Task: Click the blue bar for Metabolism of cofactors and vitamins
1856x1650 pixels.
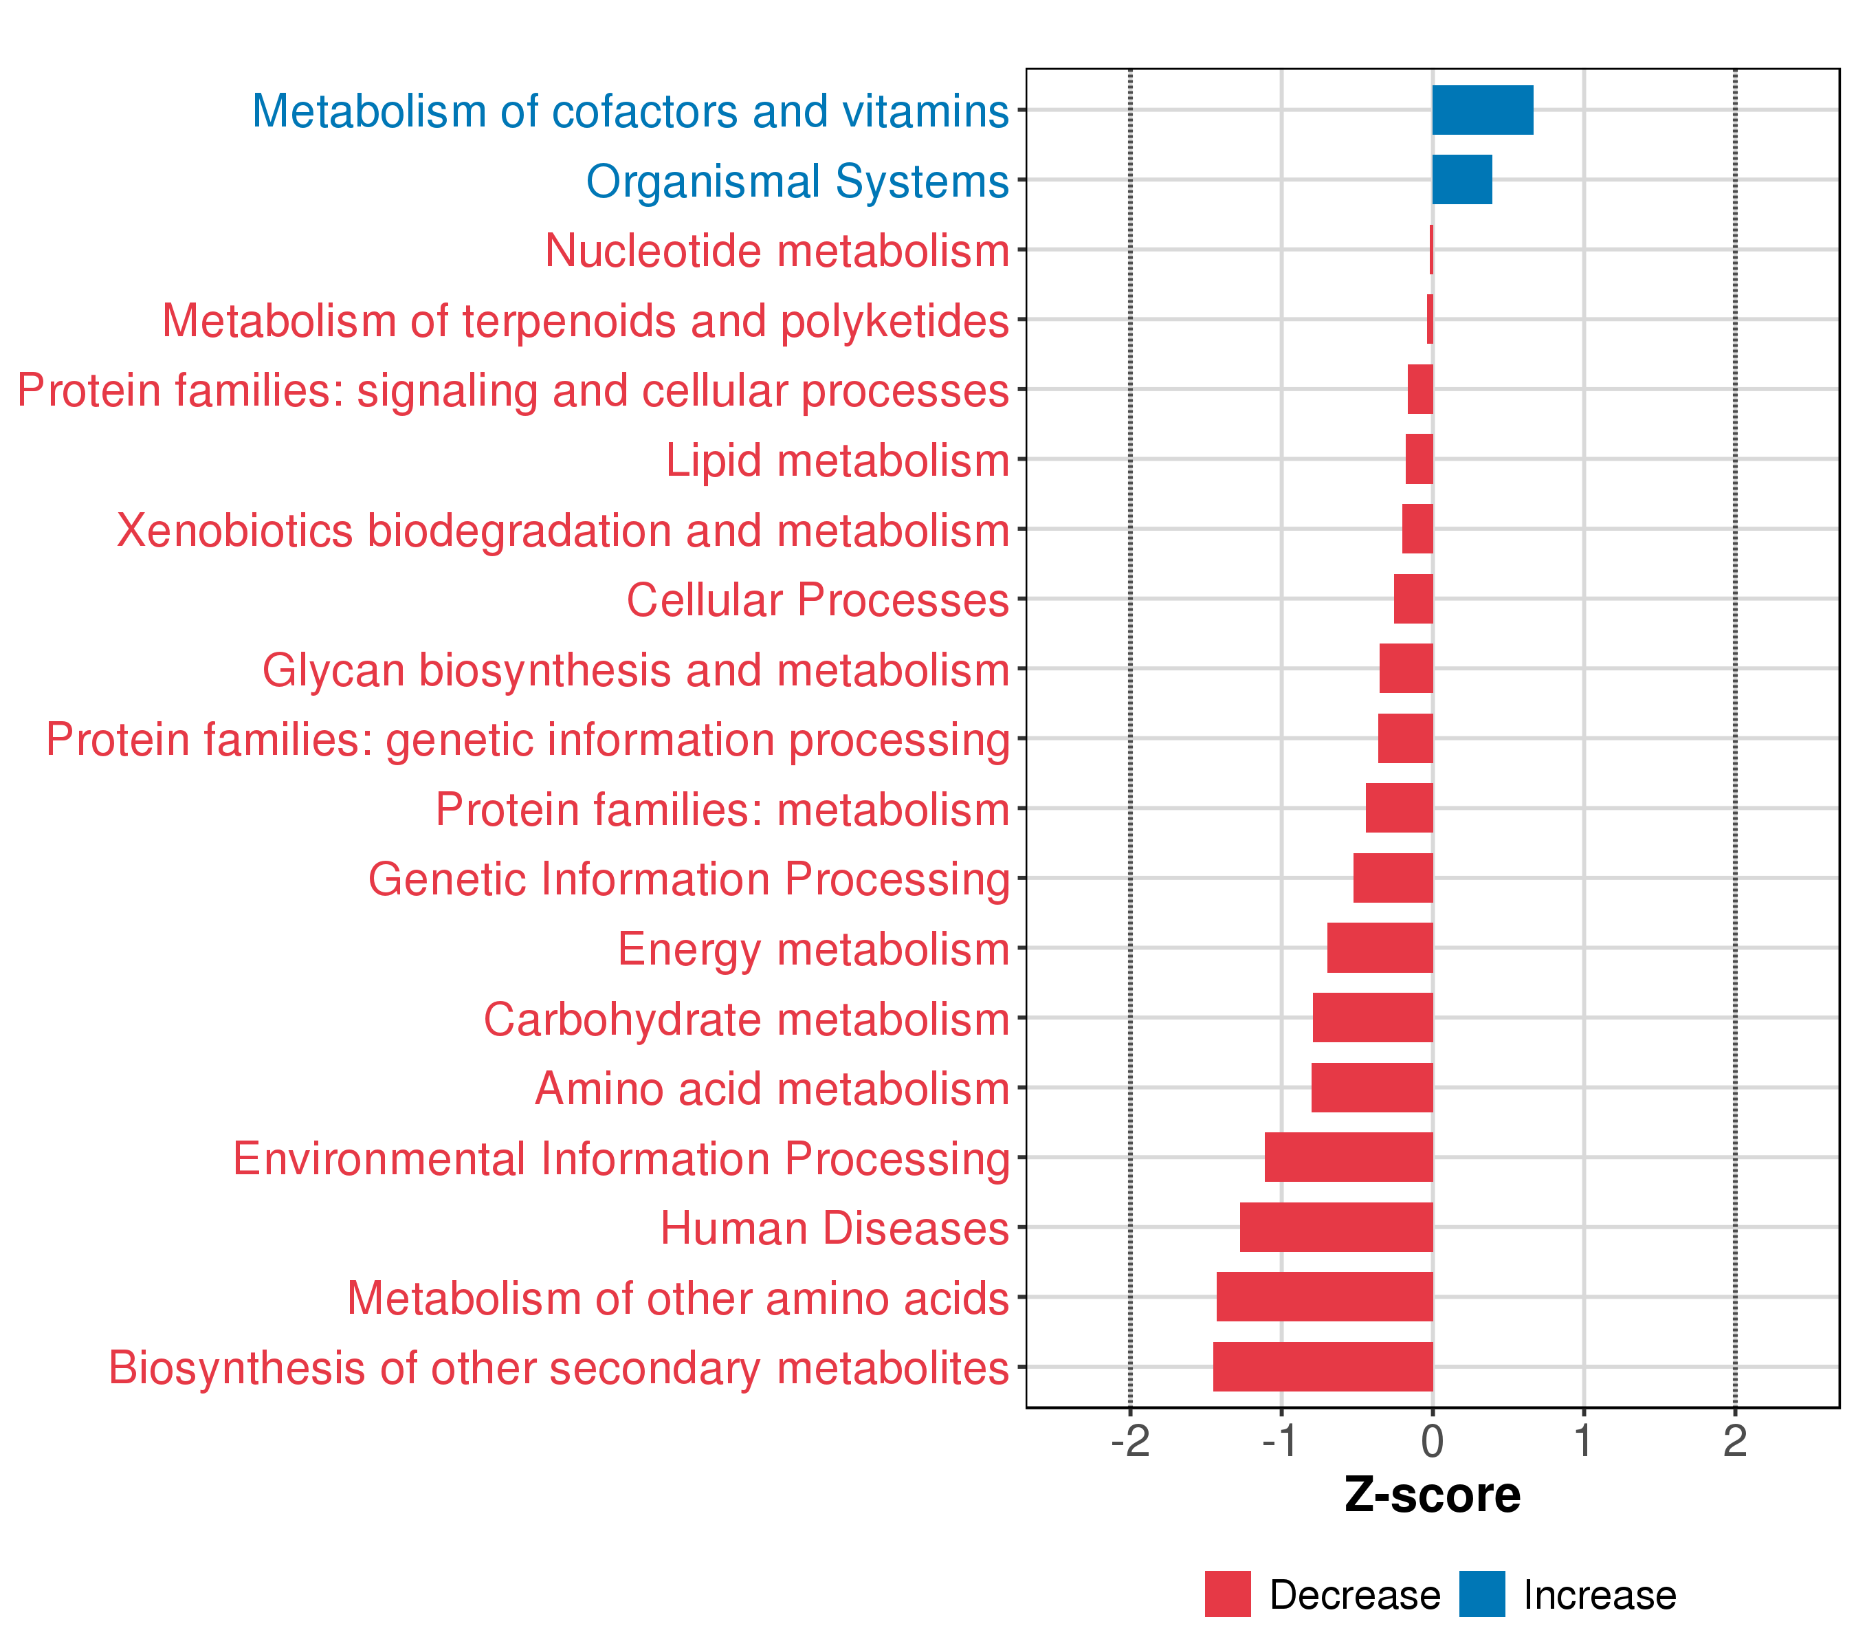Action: click(x=1482, y=110)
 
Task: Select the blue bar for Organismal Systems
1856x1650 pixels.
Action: click(x=1462, y=180)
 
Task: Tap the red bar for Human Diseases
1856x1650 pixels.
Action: click(x=1336, y=1226)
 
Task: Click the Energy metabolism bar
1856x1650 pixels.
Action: click(x=1380, y=948)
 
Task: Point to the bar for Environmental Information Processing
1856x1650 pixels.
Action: click(x=1349, y=1157)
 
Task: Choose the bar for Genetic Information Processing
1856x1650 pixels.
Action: click(x=1393, y=878)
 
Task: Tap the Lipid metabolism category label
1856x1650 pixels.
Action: click(x=837, y=461)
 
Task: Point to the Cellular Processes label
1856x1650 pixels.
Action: click(x=817, y=600)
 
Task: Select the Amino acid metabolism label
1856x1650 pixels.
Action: click(x=772, y=1089)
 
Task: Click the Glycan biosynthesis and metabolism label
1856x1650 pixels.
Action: click(x=636, y=670)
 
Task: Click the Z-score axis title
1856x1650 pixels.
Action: click(x=1432, y=1495)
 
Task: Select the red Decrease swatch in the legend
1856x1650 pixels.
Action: click(x=1228, y=1594)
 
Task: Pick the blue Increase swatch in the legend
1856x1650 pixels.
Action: click(x=1482, y=1594)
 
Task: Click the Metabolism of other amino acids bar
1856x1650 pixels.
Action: click(x=1324, y=1297)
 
